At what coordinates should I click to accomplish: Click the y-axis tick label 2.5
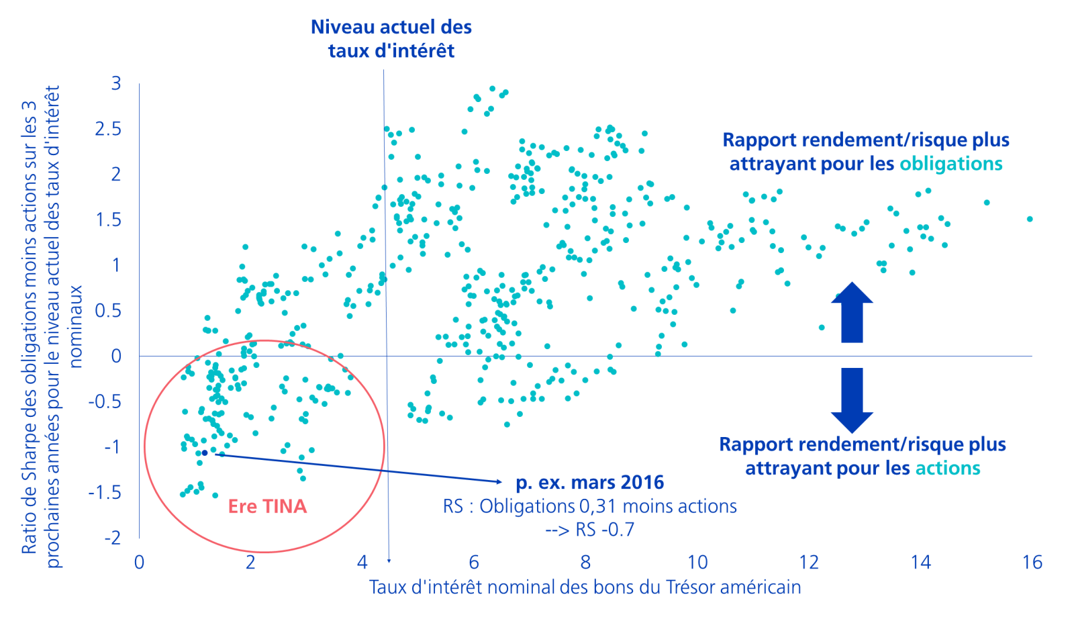108,129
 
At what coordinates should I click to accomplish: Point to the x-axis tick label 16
1032,562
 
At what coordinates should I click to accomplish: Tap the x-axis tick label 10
697,562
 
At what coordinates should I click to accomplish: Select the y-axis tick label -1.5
105,493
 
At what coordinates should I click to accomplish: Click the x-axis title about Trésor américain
585,587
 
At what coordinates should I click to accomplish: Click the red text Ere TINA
267,506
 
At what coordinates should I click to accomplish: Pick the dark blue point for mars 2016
205,453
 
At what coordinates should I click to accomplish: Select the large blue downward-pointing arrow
852,399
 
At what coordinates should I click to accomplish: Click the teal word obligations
951,164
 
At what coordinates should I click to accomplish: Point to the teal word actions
948,468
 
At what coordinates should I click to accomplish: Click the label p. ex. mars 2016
590,482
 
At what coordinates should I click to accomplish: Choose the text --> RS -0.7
589,530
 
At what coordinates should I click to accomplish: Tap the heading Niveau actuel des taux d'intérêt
391,39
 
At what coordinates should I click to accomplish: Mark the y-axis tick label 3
117,83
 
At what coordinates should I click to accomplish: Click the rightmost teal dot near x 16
1030,219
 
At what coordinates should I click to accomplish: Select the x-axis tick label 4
362,562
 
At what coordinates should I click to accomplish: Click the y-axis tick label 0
117,356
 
